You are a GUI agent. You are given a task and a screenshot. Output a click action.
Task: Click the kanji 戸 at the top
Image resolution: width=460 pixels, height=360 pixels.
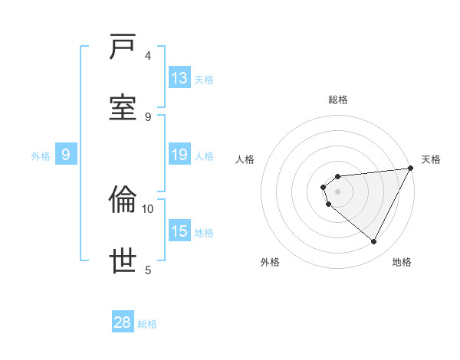click(x=123, y=47)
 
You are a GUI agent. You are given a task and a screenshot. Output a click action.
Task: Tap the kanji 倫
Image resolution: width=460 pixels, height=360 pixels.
click(x=123, y=200)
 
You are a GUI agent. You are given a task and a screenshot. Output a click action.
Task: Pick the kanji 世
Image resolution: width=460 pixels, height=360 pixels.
click(x=123, y=261)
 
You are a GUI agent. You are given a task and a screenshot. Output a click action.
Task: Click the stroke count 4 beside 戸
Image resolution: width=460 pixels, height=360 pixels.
click(x=148, y=55)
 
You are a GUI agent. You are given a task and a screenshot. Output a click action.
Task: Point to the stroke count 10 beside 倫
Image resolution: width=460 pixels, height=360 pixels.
click(x=148, y=208)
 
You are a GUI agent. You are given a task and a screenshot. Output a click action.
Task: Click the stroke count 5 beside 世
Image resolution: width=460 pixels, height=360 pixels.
click(x=148, y=270)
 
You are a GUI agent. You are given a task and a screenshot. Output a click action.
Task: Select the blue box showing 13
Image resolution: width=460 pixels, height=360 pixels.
click(x=179, y=78)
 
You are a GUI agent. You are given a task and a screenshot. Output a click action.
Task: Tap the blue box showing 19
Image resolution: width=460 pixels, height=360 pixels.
click(x=179, y=155)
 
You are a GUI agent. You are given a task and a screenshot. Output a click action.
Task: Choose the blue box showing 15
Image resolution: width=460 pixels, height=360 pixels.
click(x=179, y=231)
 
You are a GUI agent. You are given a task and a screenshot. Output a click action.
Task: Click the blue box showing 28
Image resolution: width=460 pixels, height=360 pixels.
click(x=123, y=322)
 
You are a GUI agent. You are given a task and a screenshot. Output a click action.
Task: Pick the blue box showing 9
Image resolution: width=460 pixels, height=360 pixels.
click(x=66, y=155)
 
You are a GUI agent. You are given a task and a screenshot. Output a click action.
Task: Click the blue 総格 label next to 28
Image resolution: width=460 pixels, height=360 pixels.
click(x=147, y=324)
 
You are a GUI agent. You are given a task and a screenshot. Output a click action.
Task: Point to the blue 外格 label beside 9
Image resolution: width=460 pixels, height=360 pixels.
click(x=41, y=156)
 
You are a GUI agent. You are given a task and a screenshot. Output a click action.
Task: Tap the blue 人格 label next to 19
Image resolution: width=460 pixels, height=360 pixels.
click(x=204, y=156)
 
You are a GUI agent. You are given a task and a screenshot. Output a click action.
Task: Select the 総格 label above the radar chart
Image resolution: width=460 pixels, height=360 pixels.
click(x=337, y=100)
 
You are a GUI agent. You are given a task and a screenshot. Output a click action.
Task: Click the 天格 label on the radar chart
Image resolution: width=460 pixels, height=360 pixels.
click(x=431, y=159)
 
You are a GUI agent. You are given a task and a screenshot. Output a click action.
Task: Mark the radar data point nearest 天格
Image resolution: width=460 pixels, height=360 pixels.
click(x=410, y=169)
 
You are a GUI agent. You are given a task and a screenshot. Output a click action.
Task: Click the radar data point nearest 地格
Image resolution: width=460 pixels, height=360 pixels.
click(x=374, y=242)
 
